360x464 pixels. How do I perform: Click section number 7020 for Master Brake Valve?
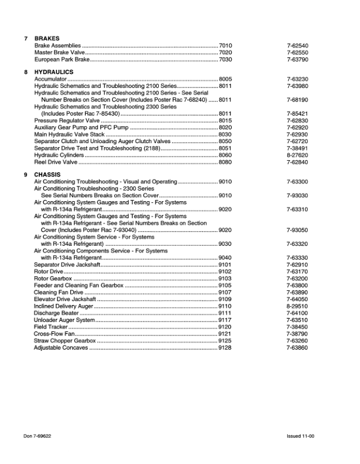point(225,52)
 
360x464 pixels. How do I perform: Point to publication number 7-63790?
point(297,59)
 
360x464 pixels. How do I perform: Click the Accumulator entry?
point(50,79)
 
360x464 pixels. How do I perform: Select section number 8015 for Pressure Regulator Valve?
point(225,120)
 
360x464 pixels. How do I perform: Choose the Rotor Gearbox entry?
point(53,279)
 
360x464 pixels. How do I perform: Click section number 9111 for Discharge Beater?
point(225,313)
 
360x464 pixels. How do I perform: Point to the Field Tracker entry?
point(51,327)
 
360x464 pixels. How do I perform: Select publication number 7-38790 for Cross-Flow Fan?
point(297,334)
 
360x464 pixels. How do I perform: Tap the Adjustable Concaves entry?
point(61,348)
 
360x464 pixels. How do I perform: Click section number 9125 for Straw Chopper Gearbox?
point(225,341)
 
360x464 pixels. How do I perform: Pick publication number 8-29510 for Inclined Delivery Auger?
point(297,306)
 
